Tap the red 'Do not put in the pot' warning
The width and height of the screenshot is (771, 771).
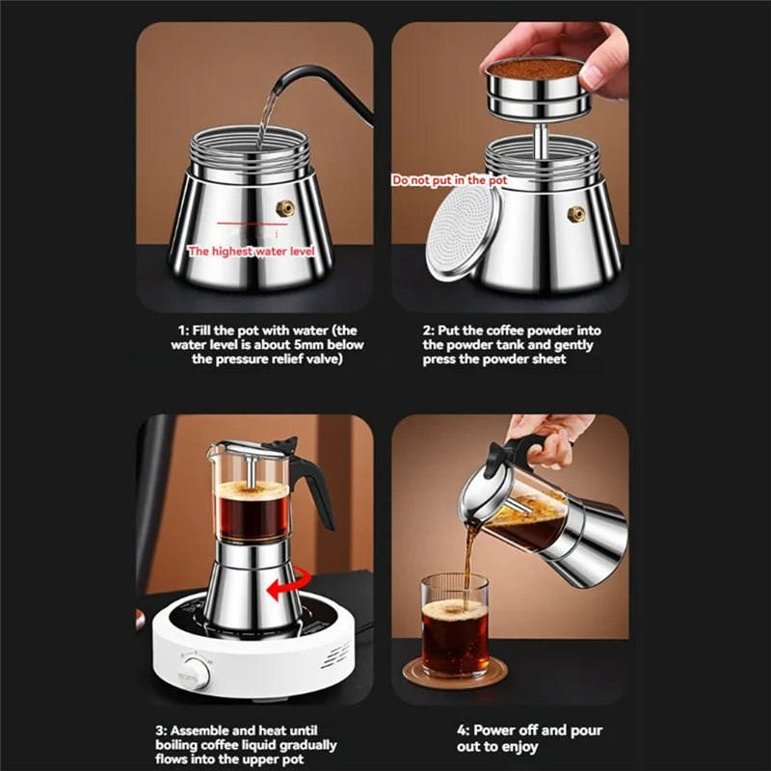pyautogui.click(x=448, y=180)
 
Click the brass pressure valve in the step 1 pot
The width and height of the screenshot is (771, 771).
pyautogui.click(x=284, y=208)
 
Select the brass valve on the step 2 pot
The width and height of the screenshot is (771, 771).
pyautogui.click(x=575, y=214)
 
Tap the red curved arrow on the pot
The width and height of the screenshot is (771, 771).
pyautogui.click(x=289, y=582)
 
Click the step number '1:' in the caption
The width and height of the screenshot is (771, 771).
pyautogui.click(x=186, y=331)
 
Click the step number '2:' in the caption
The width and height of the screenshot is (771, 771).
pyautogui.click(x=430, y=331)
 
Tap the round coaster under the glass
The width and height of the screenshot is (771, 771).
pyautogui.click(x=453, y=675)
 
